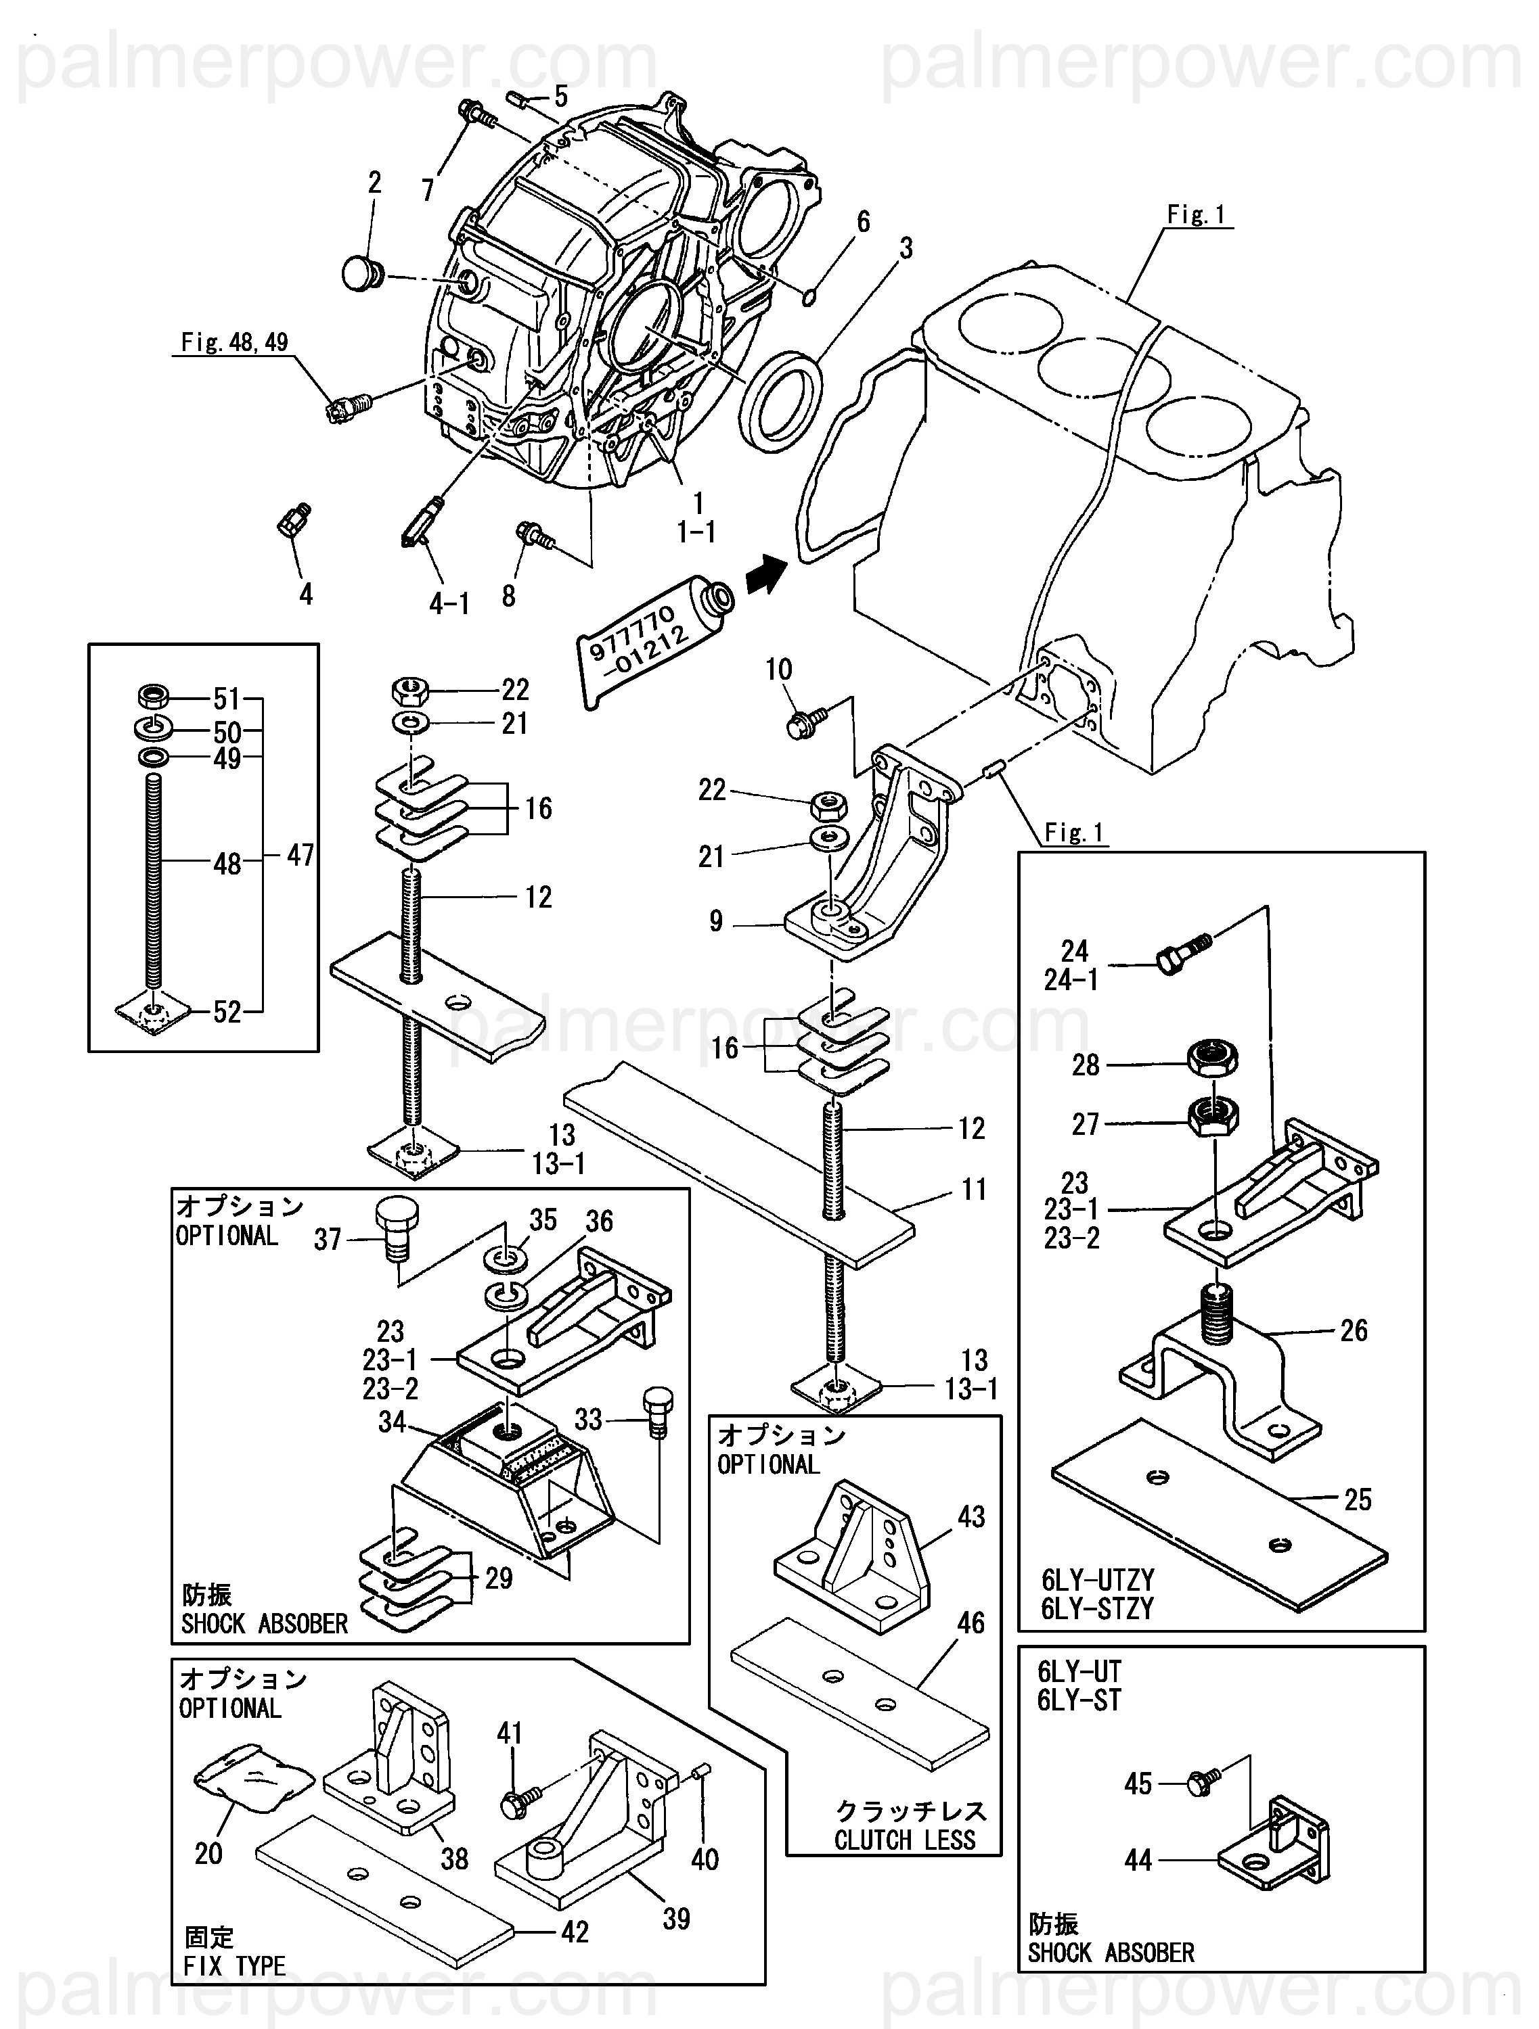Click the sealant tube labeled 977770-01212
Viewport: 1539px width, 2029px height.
[x=653, y=638]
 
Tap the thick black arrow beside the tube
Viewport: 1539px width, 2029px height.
[x=766, y=576]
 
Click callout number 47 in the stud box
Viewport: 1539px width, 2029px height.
[x=300, y=855]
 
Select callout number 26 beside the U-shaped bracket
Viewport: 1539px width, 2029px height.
[x=1354, y=1330]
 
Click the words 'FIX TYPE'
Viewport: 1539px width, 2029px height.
[x=235, y=1965]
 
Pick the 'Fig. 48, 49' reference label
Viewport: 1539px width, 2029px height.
[x=235, y=342]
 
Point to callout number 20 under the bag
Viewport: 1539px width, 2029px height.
[x=208, y=1853]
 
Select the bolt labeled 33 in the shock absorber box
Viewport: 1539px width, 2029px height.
[x=657, y=1411]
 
